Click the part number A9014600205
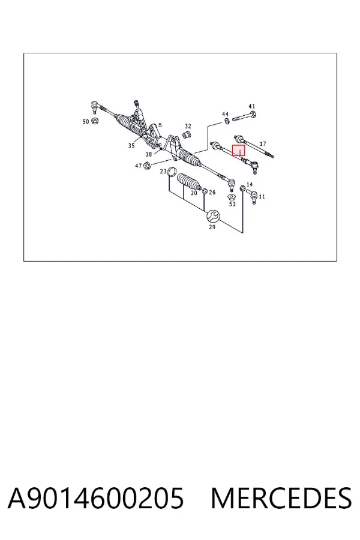(x=96, y=498)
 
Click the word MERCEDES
(x=281, y=498)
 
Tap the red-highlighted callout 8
(x=239, y=151)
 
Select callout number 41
(x=252, y=106)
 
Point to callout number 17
(x=263, y=144)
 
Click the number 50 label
(x=86, y=122)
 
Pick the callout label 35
(x=131, y=146)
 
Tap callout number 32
(x=188, y=127)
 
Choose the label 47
(x=138, y=166)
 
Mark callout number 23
(x=163, y=171)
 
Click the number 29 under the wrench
(x=212, y=227)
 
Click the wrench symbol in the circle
(x=212, y=216)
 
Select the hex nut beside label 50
(x=95, y=121)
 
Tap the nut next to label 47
(x=146, y=166)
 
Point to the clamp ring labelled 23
(x=172, y=172)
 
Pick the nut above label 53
(x=232, y=197)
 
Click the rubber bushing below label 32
(x=187, y=134)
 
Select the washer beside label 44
(x=227, y=121)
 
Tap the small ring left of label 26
(x=204, y=191)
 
